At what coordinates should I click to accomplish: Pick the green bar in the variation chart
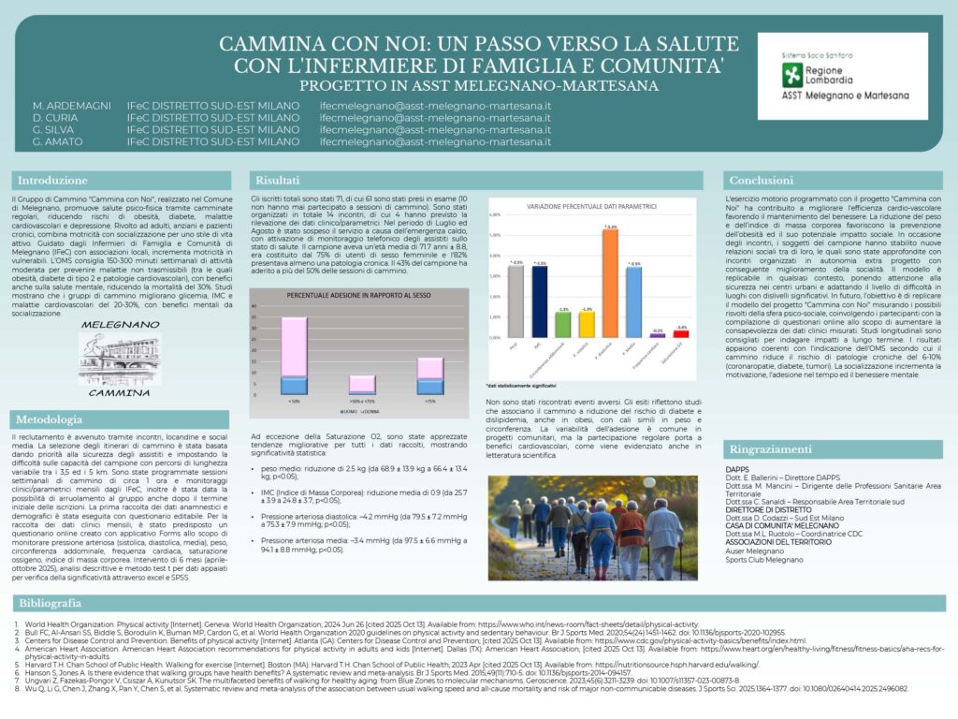click(x=562, y=324)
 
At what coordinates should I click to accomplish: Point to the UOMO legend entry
click(x=323, y=411)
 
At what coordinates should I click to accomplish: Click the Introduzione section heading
click(x=53, y=181)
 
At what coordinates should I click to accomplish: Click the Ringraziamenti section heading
click(x=772, y=449)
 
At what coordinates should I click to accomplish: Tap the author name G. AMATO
click(x=58, y=142)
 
